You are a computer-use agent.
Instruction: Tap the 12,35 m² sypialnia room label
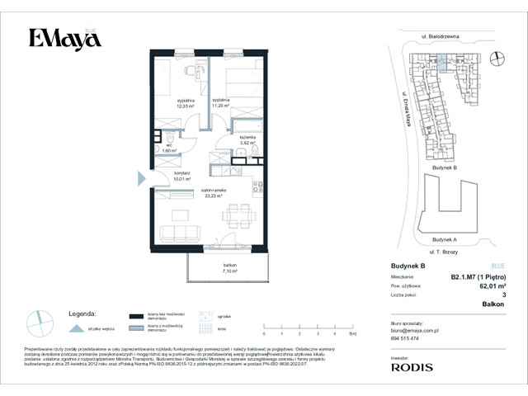point(185,103)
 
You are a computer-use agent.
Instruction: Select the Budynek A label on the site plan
point(444,239)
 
